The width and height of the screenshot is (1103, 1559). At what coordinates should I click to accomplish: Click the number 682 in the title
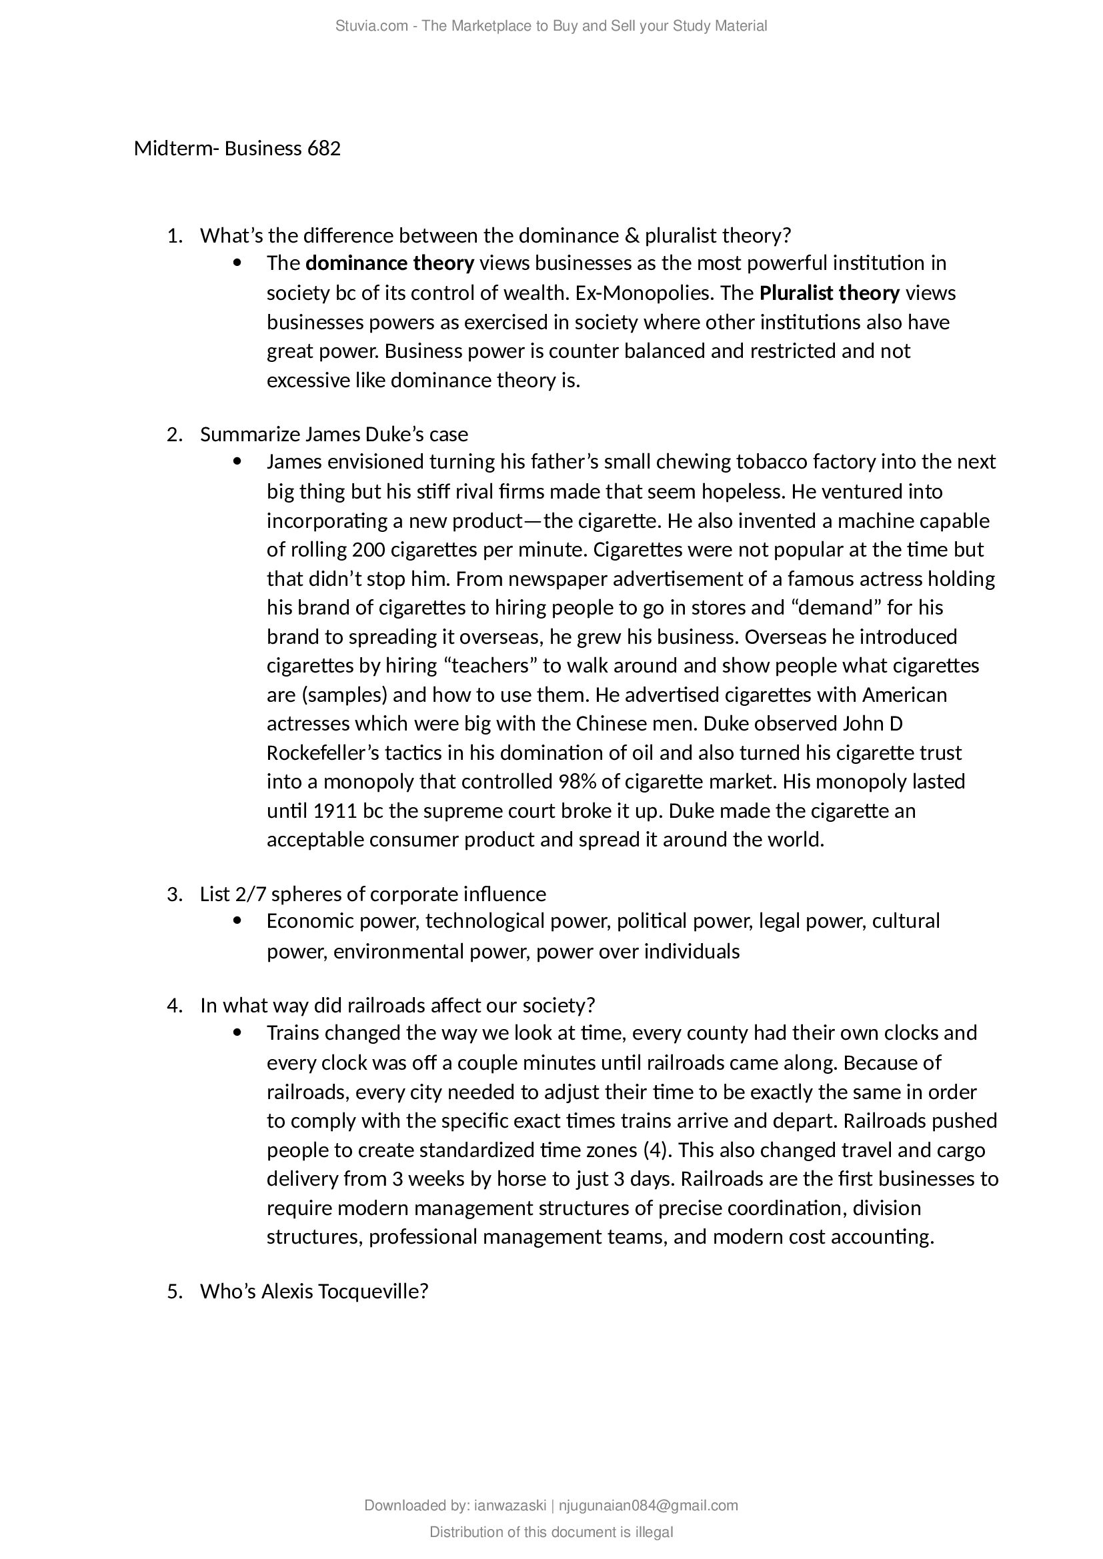[x=324, y=149]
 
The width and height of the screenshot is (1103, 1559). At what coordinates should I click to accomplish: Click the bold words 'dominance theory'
[x=390, y=263]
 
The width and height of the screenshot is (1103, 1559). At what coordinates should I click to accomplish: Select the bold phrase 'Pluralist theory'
[x=830, y=293]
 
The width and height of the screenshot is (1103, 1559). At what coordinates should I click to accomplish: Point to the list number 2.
[x=174, y=435]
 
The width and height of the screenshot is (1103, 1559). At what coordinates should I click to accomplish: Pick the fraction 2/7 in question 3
[x=251, y=894]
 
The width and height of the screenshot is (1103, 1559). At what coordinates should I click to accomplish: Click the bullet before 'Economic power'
[x=237, y=921]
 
